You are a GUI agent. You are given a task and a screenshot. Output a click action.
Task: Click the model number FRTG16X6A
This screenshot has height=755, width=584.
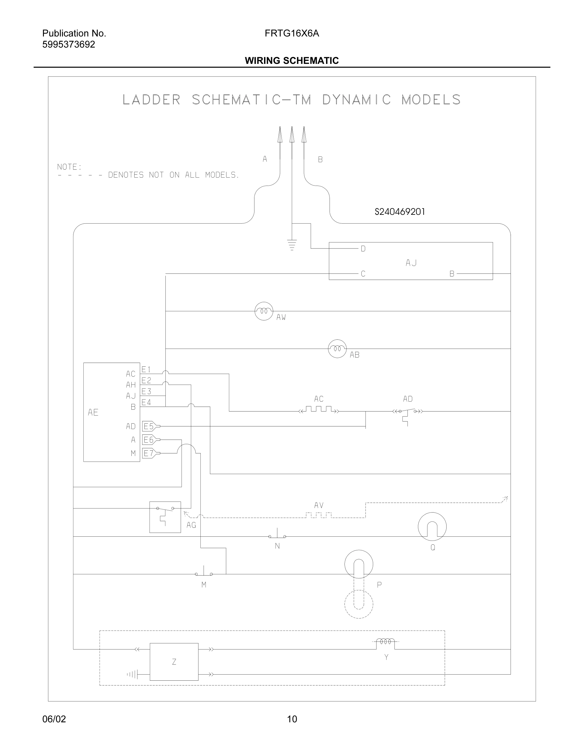[x=292, y=34]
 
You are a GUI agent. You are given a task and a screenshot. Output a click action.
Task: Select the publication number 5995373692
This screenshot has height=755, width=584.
[x=68, y=44]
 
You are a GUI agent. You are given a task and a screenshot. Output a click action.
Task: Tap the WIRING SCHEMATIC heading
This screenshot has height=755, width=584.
[x=292, y=61]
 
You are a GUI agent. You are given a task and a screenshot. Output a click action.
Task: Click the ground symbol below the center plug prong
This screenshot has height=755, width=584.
[x=292, y=245]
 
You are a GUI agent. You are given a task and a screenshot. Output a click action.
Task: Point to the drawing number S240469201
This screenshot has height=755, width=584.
[x=400, y=212]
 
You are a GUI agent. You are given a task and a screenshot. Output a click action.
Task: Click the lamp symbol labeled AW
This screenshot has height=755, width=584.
[x=264, y=311]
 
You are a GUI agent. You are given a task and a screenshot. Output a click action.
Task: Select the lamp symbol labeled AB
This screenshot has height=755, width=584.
[x=337, y=349]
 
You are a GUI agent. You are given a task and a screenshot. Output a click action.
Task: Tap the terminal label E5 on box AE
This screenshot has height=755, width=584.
[x=149, y=426]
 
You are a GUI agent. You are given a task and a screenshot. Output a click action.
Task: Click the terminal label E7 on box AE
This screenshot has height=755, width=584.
[x=149, y=453]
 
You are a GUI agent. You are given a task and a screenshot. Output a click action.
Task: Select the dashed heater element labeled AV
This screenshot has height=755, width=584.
[x=319, y=515]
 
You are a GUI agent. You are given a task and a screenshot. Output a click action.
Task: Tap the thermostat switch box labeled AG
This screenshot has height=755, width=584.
[x=165, y=517]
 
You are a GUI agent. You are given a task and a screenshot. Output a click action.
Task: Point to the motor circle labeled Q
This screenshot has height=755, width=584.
[x=432, y=527]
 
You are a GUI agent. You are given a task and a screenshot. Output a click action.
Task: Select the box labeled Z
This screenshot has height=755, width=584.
[x=174, y=662]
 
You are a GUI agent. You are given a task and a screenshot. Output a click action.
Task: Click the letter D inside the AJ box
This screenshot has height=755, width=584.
[x=363, y=248]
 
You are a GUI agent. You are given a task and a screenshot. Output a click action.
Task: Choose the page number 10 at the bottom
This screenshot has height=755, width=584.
[x=292, y=719]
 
